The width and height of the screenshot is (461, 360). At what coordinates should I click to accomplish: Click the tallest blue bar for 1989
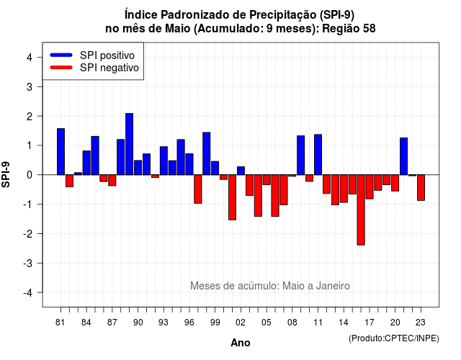(130, 144)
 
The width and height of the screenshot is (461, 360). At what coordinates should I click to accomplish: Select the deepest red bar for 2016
(361, 210)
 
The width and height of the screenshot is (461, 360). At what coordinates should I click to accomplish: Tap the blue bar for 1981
(61, 152)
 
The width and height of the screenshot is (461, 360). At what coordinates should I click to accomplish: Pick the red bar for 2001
(232, 197)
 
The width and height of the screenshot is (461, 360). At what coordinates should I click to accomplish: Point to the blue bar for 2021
(403, 156)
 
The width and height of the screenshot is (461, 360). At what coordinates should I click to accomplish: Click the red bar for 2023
(421, 187)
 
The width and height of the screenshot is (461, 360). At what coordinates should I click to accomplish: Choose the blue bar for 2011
(318, 155)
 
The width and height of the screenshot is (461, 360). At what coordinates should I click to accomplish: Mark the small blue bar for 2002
(241, 171)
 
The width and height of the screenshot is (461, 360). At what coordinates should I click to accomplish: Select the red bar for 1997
(198, 189)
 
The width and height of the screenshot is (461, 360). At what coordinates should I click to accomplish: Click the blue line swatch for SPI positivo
(61, 55)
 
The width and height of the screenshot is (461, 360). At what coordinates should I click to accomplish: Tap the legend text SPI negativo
(109, 68)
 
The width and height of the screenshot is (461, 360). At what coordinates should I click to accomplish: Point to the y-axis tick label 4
(30, 58)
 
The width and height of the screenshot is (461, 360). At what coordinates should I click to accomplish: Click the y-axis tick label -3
(28, 263)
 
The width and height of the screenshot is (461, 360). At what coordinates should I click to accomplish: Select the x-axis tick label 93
(164, 323)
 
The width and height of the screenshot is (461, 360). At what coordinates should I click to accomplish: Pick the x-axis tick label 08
(292, 323)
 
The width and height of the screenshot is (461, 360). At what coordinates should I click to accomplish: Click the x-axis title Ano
(241, 343)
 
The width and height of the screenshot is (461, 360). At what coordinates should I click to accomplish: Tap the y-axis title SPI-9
(6, 174)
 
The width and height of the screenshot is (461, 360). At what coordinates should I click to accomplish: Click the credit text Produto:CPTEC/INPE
(394, 338)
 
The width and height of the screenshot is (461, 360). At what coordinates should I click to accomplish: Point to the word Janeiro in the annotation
(333, 286)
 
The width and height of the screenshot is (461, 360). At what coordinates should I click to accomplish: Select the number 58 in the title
(370, 29)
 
